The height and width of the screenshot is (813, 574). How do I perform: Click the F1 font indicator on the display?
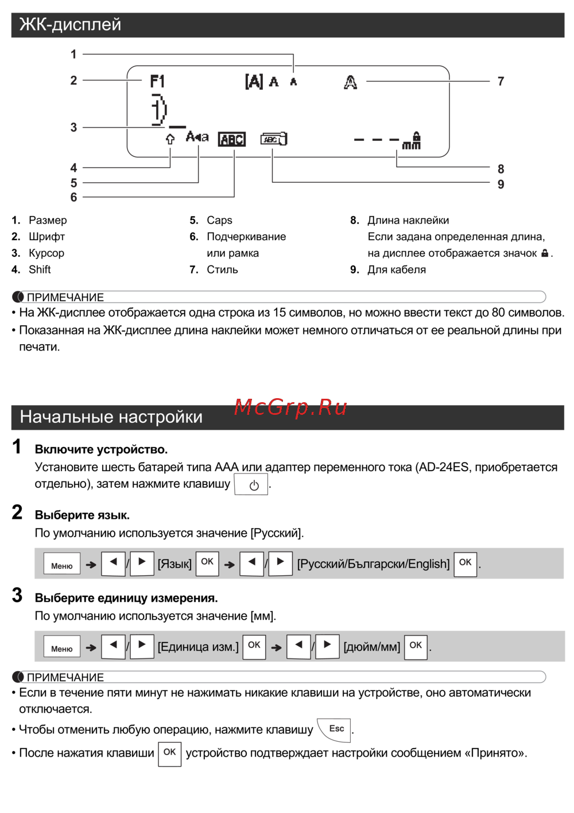(157, 82)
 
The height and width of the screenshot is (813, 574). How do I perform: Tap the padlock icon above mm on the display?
(417, 136)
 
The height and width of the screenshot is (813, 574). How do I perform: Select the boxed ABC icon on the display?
(232, 139)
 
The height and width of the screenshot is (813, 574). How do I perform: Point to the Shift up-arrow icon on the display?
(170, 139)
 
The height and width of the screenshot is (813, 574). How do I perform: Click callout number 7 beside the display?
(501, 82)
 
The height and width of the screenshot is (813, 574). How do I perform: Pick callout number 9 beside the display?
(501, 184)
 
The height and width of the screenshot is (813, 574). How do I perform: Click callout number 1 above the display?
(73, 55)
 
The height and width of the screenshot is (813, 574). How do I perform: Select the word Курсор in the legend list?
(46, 253)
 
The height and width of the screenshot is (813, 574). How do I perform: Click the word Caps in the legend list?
(219, 220)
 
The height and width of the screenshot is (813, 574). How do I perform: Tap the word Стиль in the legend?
(222, 269)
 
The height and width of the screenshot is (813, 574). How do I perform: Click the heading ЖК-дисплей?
(71, 25)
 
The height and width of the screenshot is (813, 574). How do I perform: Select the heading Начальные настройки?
(111, 417)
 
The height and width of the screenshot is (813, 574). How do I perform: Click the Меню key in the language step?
(62, 565)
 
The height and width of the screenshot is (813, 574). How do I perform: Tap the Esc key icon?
(336, 729)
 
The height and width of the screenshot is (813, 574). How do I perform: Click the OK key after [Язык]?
(207, 562)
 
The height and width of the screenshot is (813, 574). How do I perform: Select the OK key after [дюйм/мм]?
(416, 646)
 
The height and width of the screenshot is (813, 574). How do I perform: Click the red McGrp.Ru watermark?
(290, 407)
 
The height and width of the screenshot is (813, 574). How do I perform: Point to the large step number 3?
(17, 595)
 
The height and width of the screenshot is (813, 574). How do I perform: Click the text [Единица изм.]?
(198, 647)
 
